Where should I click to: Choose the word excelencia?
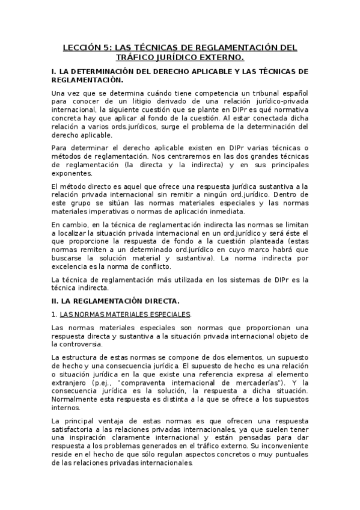click(x=72, y=266)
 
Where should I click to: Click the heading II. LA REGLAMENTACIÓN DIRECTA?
click(x=115, y=300)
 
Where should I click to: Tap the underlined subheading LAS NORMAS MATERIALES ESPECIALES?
click(x=125, y=314)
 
